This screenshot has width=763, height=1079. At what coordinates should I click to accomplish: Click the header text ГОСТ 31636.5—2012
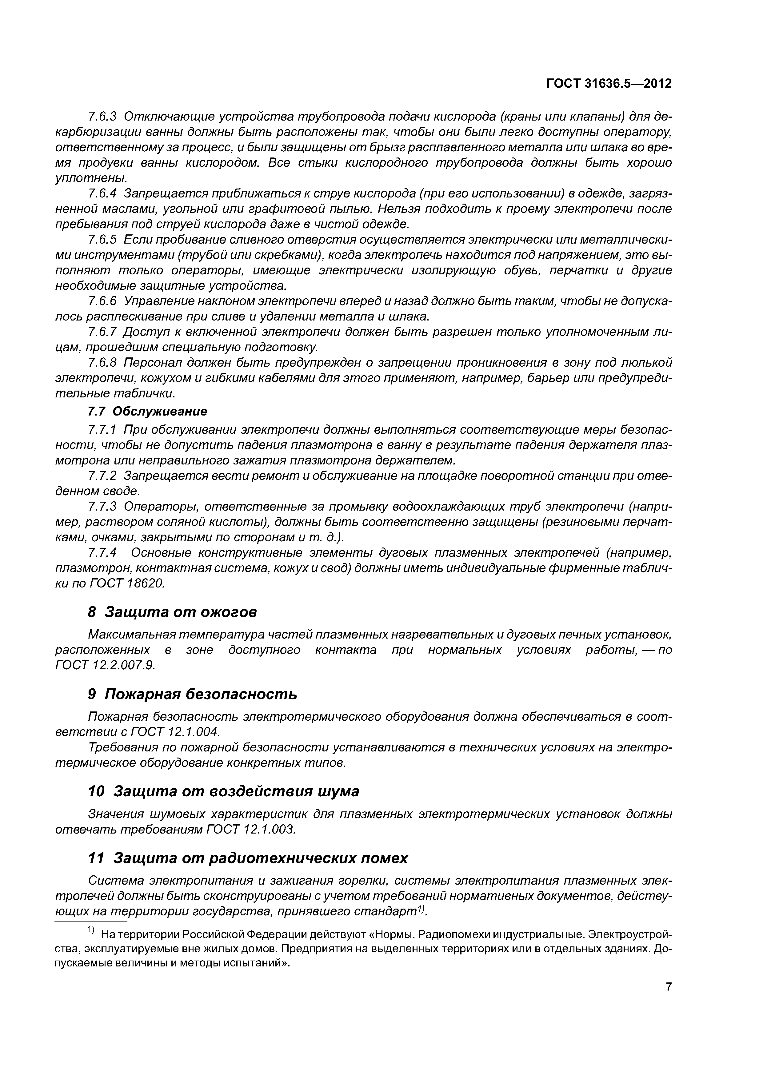(609, 84)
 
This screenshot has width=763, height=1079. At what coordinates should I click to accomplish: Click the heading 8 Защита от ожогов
(173, 612)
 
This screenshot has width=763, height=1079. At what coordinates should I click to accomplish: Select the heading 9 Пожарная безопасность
(193, 694)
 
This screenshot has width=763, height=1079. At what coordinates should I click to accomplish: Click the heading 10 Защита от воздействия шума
(224, 791)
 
